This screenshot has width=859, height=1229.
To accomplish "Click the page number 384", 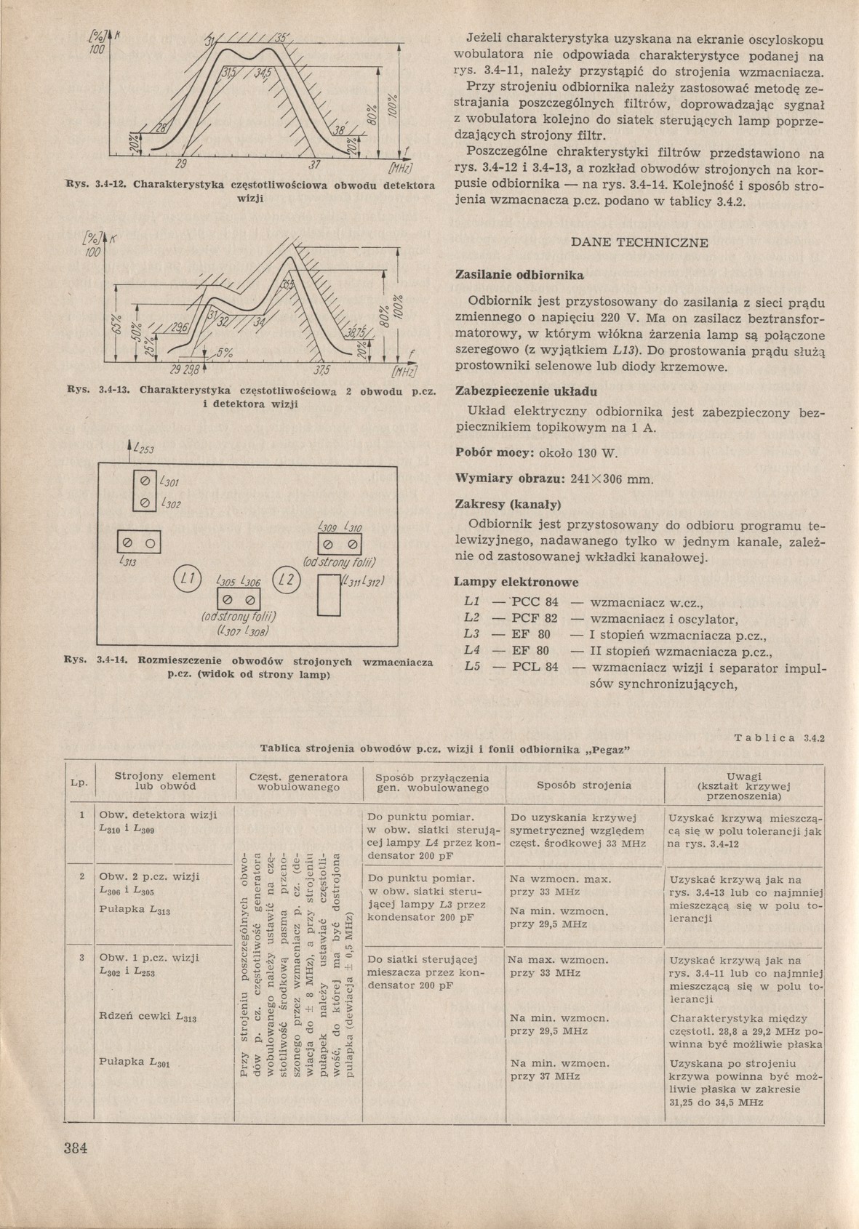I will [x=76, y=1150].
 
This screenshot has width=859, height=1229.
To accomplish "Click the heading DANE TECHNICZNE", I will [x=640, y=243].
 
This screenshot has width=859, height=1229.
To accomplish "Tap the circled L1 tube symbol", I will [x=188, y=580].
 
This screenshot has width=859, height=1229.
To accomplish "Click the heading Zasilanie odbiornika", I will [x=519, y=276].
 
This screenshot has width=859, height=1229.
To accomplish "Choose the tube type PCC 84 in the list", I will [x=536, y=602].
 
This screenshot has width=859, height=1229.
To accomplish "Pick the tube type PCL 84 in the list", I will [x=536, y=668].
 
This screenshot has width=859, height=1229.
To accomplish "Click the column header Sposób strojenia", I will [x=584, y=785].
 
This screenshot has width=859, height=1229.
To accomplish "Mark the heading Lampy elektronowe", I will [x=516, y=583].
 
